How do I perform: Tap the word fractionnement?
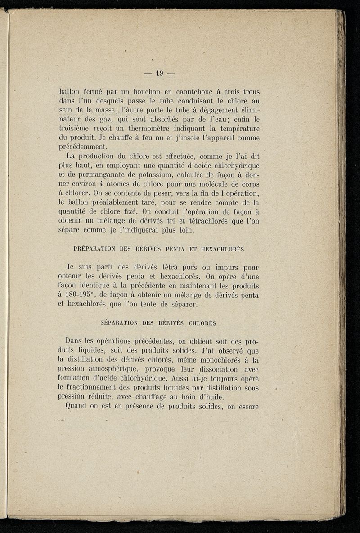(96, 388)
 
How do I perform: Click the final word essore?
(247, 406)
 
